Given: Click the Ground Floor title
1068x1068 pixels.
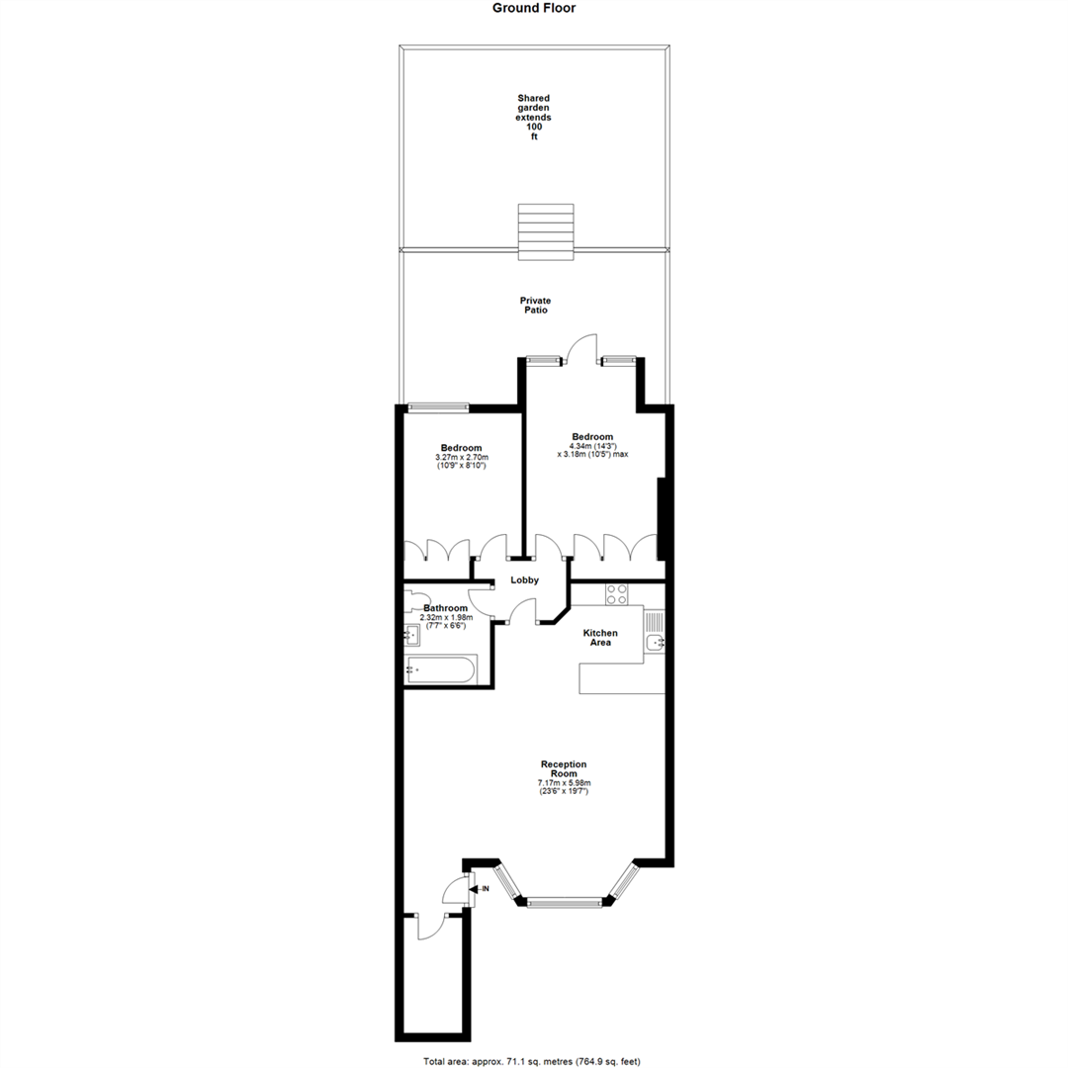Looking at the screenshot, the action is pos(534,8).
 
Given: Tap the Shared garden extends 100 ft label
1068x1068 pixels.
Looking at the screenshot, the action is pos(533,117).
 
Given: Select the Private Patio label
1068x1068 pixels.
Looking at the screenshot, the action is pos(535,306).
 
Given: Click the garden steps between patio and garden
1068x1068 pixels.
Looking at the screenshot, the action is pos(546,231).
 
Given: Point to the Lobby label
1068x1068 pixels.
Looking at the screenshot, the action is pos(524,580).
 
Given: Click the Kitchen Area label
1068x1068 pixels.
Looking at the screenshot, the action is pos(600,638).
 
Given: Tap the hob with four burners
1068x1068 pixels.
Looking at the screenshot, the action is pos(616,594).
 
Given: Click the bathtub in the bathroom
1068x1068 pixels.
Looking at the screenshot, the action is pos(441,668).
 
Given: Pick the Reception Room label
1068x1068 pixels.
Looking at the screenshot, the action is pos(564,769).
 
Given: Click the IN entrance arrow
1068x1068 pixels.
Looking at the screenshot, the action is pos(480,889).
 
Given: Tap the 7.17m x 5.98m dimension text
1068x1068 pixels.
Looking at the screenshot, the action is pos(564,782).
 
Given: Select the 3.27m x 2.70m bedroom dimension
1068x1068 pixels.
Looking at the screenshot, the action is pos(462,458).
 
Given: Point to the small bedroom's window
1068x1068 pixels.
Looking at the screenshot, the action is pos(439,407).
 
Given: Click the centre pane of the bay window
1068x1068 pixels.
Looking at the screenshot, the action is pos(565,903).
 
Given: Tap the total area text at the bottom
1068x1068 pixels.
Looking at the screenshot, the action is pos(531,1060).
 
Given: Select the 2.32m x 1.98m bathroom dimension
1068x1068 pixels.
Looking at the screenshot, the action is pos(446,617).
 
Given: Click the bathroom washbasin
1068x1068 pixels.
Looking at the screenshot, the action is pos(412,636).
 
